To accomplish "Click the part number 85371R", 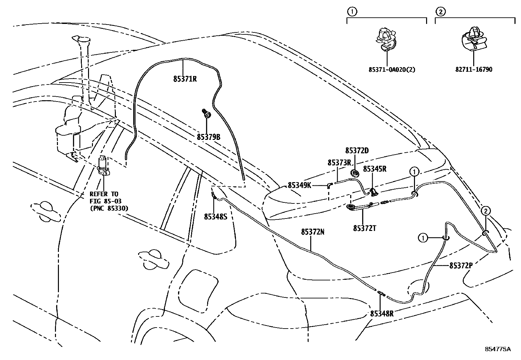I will pyautogui.click(x=185, y=79).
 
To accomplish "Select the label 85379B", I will pyautogui.click(x=208, y=137).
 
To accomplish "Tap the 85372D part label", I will pyautogui.click(x=357, y=151).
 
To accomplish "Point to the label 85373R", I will pyautogui.click(x=339, y=162).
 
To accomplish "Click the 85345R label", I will pyautogui.click(x=375, y=169).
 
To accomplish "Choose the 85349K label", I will pyautogui.click(x=299, y=185).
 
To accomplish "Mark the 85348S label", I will pyautogui.click(x=215, y=217).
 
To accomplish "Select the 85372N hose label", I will pyautogui.click(x=313, y=232).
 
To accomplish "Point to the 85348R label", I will pyautogui.click(x=382, y=313).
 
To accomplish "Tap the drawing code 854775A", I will pyautogui.click(x=498, y=349).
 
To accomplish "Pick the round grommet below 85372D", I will pyautogui.click(x=354, y=173).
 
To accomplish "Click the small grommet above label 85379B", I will pyautogui.click(x=207, y=114).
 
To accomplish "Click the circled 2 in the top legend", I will pyautogui.click(x=440, y=12).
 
